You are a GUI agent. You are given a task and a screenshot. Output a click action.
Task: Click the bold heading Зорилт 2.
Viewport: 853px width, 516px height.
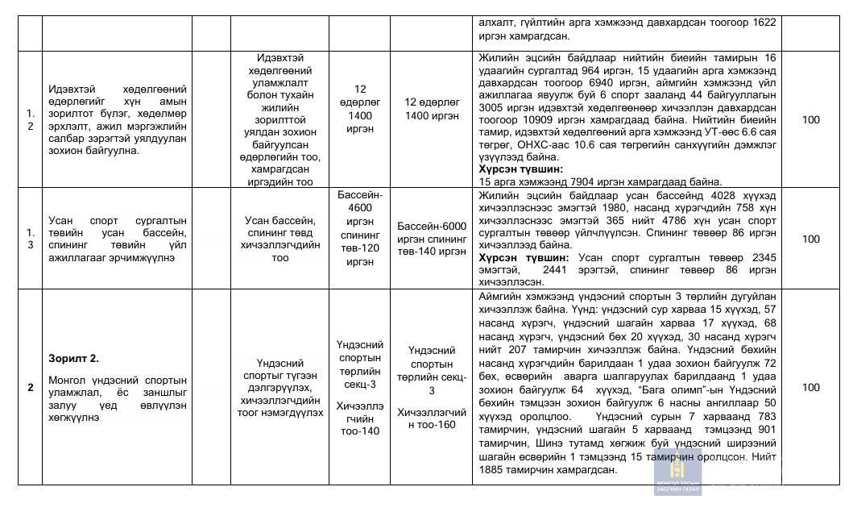73,357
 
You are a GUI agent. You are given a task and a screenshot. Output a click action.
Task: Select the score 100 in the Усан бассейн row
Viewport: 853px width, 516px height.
811,239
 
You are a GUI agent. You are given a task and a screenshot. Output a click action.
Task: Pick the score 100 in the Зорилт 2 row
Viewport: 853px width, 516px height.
811,387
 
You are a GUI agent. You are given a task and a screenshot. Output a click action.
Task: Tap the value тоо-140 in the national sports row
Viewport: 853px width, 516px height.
360,431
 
